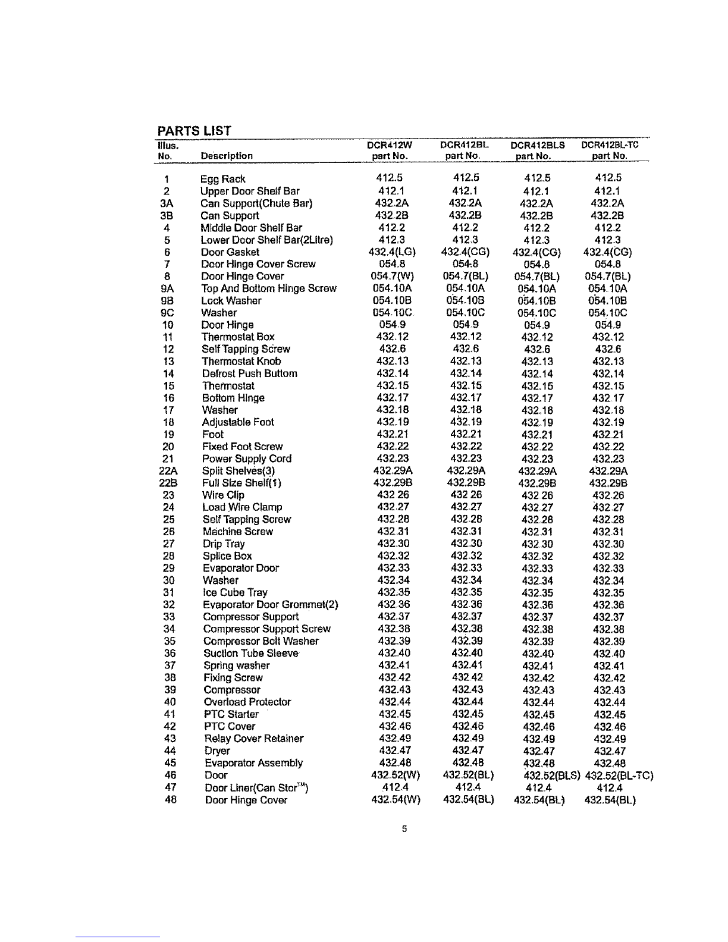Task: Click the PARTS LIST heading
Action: tap(193, 131)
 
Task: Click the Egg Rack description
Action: tap(222, 179)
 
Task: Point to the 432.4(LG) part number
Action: tap(391, 252)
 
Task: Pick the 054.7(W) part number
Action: tap(391, 277)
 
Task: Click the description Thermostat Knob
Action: tap(241, 362)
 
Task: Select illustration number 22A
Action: tap(167, 471)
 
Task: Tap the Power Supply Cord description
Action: tap(247, 459)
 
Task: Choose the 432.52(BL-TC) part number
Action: tap(619, 775)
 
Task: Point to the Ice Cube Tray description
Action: tap(235, 592)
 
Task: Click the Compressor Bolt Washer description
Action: tap(261, 641)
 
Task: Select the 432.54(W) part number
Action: tap(396, 800)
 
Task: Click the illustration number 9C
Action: tap(167, 313)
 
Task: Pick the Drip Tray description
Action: tap(224, 544)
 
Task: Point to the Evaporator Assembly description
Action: tap(254, 763)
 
